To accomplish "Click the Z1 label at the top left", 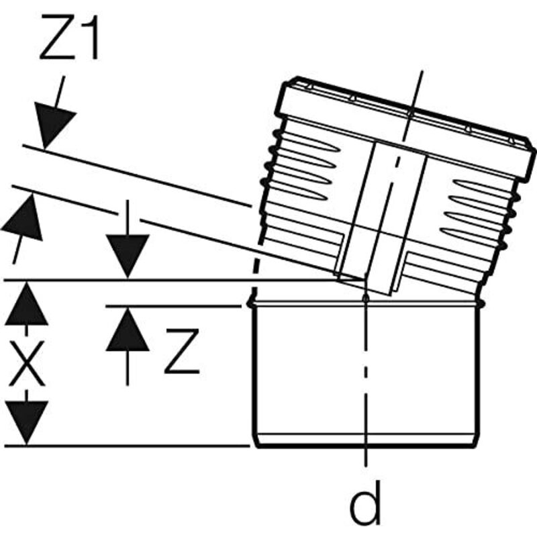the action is pos(70,38).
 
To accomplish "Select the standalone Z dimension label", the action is pos(182,350).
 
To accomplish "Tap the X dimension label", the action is pos(27,363).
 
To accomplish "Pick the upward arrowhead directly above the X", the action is pos(27,303).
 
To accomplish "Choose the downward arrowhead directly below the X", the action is pos(27,424).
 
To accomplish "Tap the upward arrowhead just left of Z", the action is pos(128,329).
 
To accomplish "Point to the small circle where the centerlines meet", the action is pos(366,298).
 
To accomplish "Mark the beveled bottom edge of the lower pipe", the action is pos(366,441).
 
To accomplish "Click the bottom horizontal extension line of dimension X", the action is pos(127,446).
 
